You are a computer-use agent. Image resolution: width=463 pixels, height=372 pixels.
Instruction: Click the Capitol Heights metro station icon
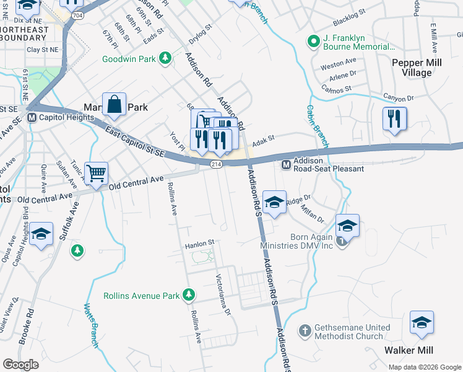click(31, 117)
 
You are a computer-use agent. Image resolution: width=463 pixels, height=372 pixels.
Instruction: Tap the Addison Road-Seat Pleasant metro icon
click(287, 164)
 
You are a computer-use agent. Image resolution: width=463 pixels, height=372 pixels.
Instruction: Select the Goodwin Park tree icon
click(165, 59)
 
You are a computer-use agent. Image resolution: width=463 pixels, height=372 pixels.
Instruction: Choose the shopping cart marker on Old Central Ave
click(96, 174)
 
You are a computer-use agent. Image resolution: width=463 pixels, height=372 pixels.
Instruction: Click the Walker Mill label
click(407, 350)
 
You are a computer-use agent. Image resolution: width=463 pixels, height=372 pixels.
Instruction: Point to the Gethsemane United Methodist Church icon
click(305, 331)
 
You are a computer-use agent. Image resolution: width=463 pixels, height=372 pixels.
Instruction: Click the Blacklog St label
click(350, 22)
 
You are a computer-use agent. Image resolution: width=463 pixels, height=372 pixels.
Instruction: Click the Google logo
click(20, 365)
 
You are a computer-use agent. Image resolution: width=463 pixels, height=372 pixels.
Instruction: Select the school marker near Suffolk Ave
click(41, 234)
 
